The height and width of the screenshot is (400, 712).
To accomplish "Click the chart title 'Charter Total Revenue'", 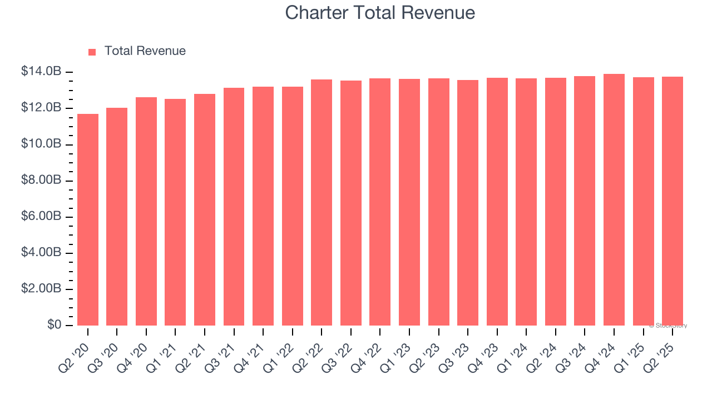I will coord(380,12).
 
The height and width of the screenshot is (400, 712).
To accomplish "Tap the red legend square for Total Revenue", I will coord(92,52).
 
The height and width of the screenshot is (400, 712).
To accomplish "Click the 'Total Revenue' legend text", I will coord(145,51).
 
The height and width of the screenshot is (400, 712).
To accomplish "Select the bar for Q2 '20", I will coord(88,219).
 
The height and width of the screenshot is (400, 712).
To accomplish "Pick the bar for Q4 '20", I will coord(146,211).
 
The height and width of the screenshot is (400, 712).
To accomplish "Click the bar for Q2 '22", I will coord(322,202).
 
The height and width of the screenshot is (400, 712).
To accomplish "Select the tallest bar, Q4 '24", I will coord(614,199).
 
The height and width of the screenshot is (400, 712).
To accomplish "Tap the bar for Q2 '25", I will coord(673,201).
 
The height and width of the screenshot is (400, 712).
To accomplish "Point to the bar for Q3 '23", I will coord(468,203).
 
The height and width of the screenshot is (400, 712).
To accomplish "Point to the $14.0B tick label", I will coord(41,72).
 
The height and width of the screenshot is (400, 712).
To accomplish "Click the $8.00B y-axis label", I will coord(41,181).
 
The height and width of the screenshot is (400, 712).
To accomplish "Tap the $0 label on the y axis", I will coord(53,325).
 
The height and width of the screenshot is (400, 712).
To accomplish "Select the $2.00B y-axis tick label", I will coord(41,289).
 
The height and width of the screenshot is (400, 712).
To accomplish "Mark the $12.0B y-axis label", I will coord(41,108).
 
